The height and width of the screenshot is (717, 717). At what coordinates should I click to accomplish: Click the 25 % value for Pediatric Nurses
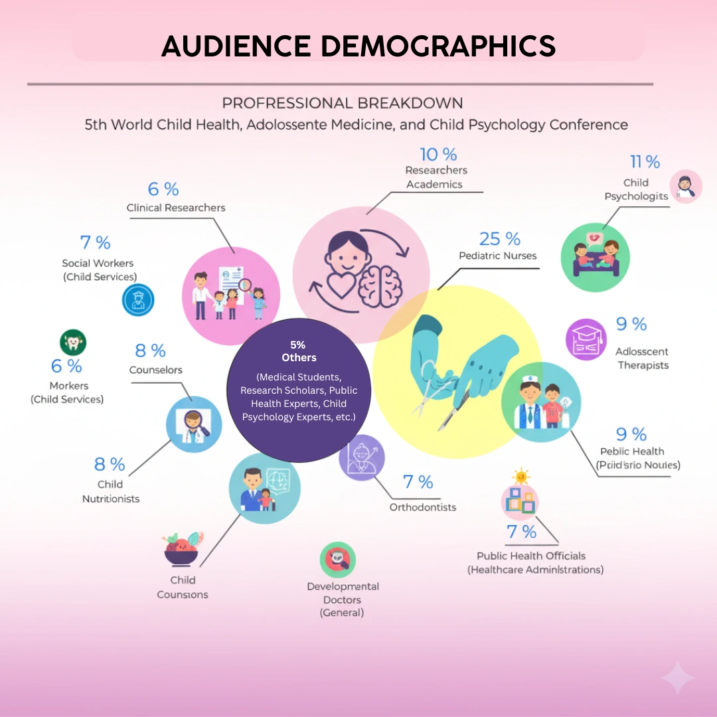pos(499,239)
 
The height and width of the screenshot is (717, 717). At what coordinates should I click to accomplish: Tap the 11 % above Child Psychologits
pos(645,162)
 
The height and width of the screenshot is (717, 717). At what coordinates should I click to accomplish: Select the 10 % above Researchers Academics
pos(438,155)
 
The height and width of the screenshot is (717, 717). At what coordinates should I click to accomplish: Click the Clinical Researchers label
pos(176,208)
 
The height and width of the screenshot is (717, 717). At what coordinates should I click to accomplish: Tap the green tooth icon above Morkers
pos(73,343)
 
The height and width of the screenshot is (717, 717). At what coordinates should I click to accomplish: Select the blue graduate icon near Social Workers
pos(138,299)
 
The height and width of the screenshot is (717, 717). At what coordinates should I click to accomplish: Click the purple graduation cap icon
pos(586,339)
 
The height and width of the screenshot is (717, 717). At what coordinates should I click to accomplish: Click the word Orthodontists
pos(423,507)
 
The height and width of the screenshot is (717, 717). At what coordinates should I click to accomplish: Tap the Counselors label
pos(155,370)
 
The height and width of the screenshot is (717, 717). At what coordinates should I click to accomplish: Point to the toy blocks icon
pos(520,499)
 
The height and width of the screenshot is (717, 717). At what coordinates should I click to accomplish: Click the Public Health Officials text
pos(531,556)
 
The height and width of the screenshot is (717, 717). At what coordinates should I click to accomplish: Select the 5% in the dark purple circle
pos(298,345)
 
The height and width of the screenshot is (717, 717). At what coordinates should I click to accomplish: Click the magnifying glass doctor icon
pos(194,420)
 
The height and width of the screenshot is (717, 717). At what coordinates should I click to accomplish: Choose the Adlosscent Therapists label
pos(642,358)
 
